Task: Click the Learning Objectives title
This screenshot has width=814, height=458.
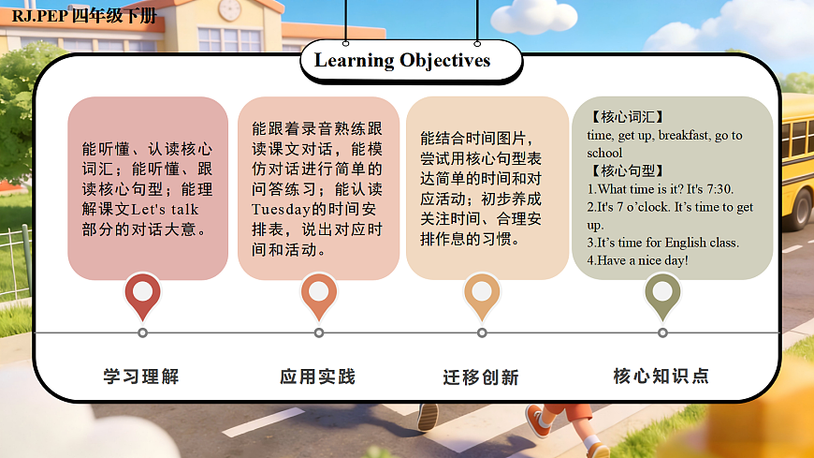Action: pyautogui.click(x=402, y=61)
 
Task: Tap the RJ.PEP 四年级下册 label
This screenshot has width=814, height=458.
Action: pyautogui.click(x=85, y=16)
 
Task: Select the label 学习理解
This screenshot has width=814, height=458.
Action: pyautogui.click(x=141, y=377)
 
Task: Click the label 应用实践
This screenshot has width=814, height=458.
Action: pyautogui.click(x=318, y=377)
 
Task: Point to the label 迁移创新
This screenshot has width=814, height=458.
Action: pyautogui.click(x=481, y=377)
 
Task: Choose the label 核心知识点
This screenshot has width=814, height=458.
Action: pyautogui.click(x=661, y=377)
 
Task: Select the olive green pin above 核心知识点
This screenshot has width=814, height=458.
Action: pyautogui.click(x=662, y=293)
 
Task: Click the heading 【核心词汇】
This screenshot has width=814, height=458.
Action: pyautogui.click(x=627, y=117)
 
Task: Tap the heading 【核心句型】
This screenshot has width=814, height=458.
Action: pyautogui.click(x=627, y=170)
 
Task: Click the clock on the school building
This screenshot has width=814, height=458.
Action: pyautogui.click(x=229, y=10)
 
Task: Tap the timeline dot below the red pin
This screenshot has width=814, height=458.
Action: pyautogui.click(x=142, y=332)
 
